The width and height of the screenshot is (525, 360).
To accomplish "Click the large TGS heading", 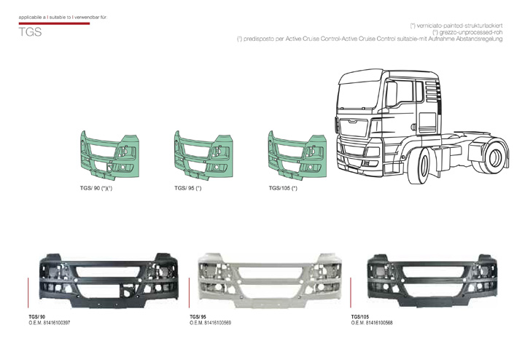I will (x=31, y=33).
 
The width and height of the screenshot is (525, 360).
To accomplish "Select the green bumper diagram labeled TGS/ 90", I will (x=110, y=155).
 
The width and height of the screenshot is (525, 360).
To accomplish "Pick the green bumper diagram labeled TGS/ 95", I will (x=203, y=155).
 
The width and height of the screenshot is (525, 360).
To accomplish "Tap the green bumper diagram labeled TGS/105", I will (x=297, y=155).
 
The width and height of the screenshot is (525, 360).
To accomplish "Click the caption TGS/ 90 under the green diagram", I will (x=96, y=188).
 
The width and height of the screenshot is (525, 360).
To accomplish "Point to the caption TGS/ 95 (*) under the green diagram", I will (x=187, y=188).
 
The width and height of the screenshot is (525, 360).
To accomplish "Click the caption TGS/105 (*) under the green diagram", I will (x=283, y=188).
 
